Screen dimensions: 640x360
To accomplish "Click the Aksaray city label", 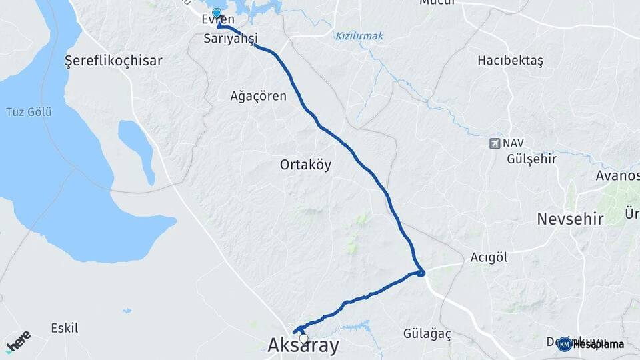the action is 303,346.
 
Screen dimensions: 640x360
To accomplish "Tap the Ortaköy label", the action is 305,165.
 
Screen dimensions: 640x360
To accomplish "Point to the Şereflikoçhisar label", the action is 113,61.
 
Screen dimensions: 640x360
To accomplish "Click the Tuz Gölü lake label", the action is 29,111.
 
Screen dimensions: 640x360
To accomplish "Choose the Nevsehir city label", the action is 570,219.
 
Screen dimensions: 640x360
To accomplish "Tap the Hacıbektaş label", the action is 510,61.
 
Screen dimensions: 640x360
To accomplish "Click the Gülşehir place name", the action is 531,159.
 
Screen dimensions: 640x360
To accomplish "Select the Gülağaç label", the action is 427,333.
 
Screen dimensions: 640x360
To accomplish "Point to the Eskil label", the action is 65,328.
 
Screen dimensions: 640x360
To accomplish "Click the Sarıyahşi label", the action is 231,39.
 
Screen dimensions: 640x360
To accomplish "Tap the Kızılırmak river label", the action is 360,36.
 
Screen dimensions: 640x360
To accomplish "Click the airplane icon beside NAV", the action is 494,143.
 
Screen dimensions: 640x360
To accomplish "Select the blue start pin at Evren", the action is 217,13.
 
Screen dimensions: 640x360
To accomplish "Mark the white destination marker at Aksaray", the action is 304,339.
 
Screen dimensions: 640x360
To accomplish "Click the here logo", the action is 17,339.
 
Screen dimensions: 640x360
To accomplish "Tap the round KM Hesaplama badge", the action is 564,344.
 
